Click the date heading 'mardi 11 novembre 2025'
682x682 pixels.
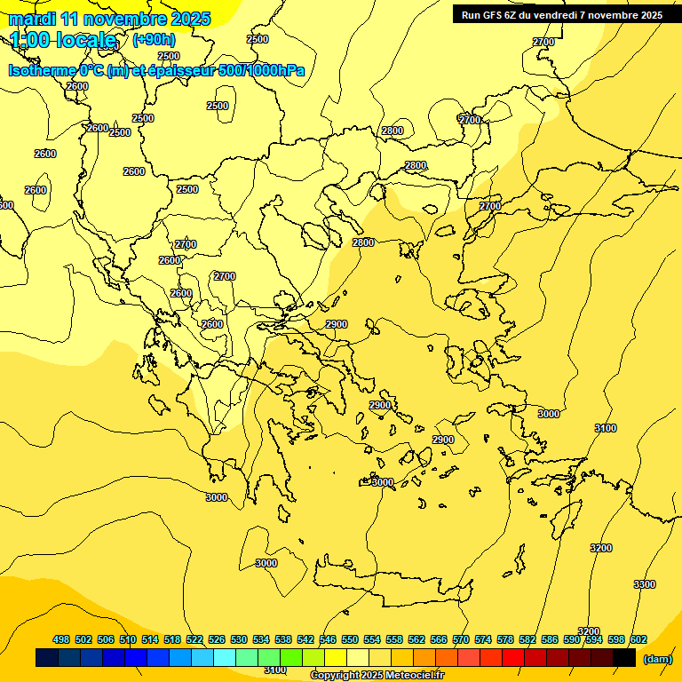click(110, 19)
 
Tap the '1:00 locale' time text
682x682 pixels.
click(64, 40)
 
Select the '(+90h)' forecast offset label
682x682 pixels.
click(154, 40)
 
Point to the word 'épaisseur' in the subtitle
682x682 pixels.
click(182, 71)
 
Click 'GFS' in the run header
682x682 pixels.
click(494, 15)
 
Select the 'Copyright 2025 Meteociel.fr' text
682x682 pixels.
click(377, 676)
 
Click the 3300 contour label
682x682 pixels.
click(645, 584)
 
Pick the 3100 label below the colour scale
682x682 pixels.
click(275, 670)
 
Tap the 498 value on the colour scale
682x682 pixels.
click(61, 639)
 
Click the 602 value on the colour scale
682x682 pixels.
click(638, 639)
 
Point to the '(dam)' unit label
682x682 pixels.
click(657, 658)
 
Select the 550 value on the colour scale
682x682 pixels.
click(350, 639)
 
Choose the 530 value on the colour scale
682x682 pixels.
click(239, 639)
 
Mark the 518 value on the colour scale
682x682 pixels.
click(172, 639)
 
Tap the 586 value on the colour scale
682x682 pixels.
click(550, 639)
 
